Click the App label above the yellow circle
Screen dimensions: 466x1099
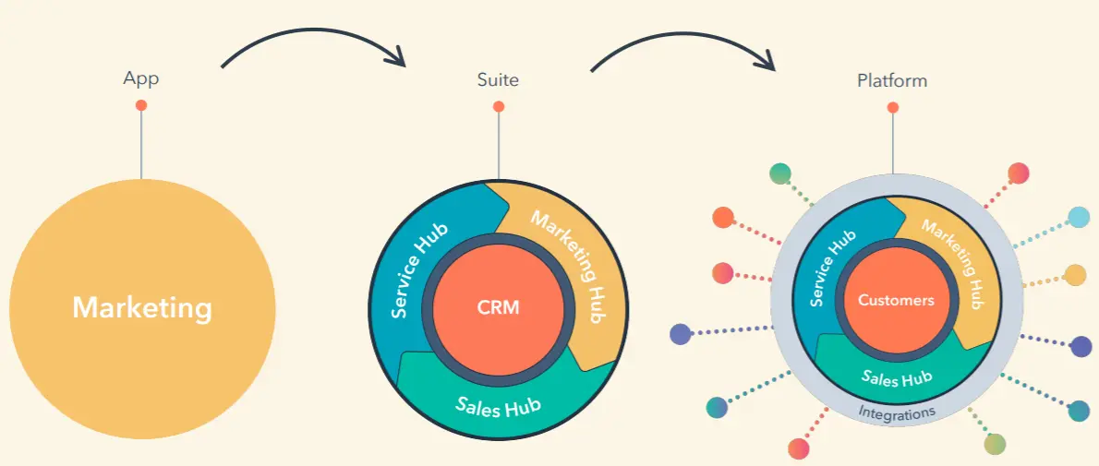click(141, 78)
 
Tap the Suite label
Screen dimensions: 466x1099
click(498, 79)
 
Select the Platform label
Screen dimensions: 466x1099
click(891, 80)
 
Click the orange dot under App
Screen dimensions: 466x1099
click(141, 105)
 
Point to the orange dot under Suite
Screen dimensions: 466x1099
click(499, 107)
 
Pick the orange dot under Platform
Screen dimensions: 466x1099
click(892, 108)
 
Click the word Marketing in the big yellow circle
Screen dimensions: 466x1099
click(142, 307)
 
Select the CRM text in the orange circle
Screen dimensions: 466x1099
click(498, 307)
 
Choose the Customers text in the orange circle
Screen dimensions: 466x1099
click(896, 300)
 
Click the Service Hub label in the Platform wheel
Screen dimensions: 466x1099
click(832, 269)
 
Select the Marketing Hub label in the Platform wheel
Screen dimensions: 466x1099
click(953, 259)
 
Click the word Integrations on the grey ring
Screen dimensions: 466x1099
click(896, 412)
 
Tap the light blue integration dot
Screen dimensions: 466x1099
click(1078, 218)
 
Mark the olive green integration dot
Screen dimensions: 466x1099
click(994, 444)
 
